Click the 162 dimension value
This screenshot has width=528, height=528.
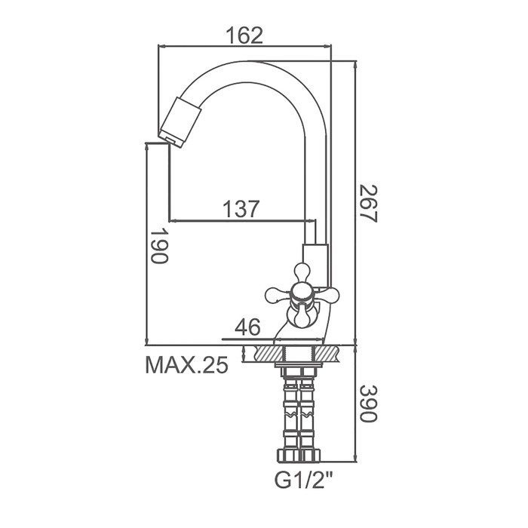coord(244,35)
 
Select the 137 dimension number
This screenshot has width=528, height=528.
coord(241,209)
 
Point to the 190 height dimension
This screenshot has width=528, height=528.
coord(158,247)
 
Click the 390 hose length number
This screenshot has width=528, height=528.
coord(368,404)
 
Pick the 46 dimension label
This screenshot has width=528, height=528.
coord(247,327)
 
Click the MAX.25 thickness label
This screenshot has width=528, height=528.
coord(186,364)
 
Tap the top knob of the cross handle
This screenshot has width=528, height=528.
coord(302,272)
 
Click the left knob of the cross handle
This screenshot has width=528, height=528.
coord(278,296)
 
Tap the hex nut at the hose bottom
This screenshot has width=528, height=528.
coord(299,455)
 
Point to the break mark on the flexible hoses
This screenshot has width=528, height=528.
coord(299,413)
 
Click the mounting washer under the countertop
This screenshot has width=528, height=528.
coord(299,365)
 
